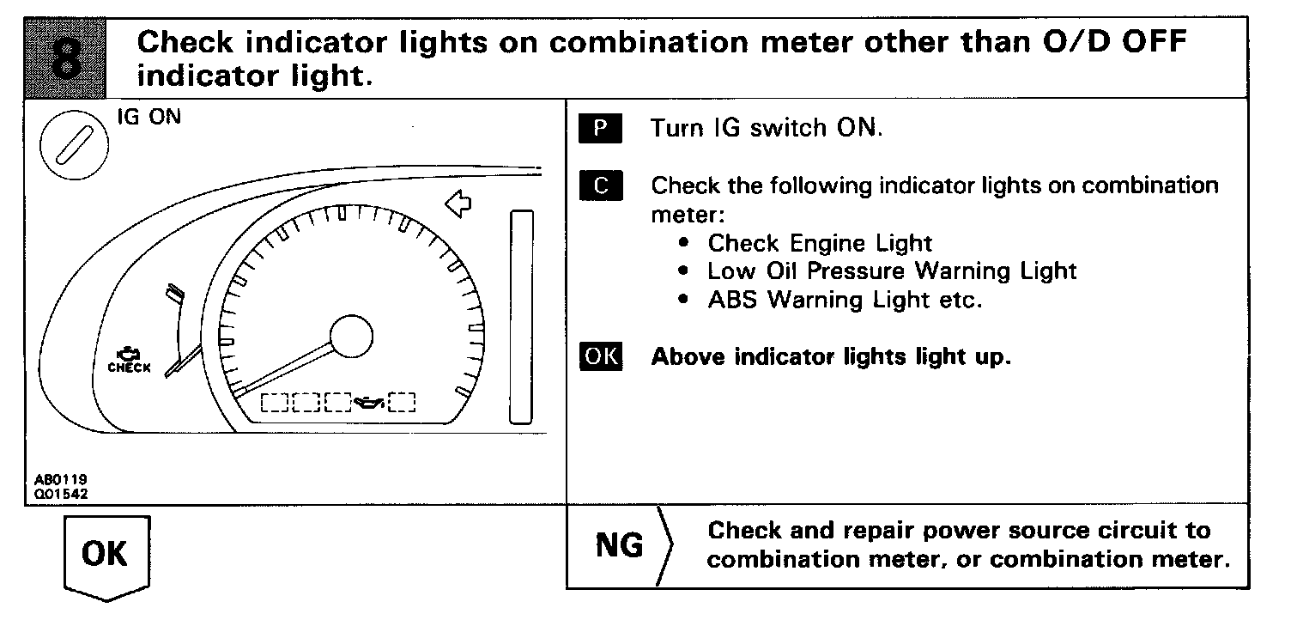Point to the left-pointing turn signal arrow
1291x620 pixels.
click(459, 204)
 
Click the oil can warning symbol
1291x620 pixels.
click(369, 401)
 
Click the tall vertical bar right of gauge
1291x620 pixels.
click(522, 316)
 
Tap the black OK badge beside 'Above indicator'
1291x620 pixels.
click(602, 356)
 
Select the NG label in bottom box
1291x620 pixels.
click(619, 545)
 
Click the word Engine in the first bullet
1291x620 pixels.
click(825, 243)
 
